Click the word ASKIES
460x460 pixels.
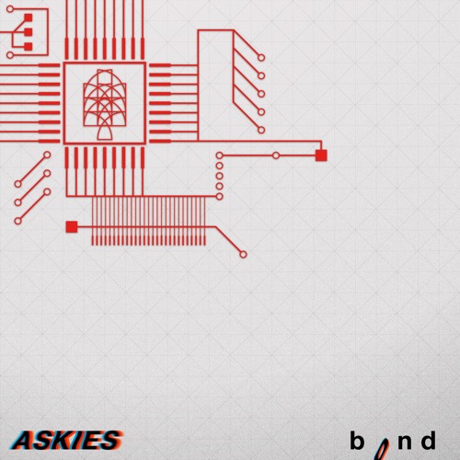point(67,440)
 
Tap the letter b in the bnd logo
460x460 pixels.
point(357,440)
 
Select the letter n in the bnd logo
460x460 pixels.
point(405,443)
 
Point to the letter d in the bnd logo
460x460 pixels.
point(428,440)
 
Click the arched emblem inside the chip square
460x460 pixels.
point(105,104)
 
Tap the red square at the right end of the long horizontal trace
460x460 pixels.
point(321,155)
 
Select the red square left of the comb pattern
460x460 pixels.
point(72,227)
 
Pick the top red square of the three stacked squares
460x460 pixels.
point(29,17)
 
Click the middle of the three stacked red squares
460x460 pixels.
point(29,32)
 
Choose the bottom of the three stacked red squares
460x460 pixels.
point(29,46)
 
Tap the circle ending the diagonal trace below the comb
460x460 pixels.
point(243,254)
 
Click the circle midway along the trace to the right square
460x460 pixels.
point(276,155)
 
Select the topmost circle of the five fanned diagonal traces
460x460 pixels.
point(261,57)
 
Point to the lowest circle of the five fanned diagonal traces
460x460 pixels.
point(261,130)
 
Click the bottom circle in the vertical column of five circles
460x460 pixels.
point(220,196)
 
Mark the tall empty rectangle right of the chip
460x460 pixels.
point(198,86)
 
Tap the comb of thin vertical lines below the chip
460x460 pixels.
point(149,221)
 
